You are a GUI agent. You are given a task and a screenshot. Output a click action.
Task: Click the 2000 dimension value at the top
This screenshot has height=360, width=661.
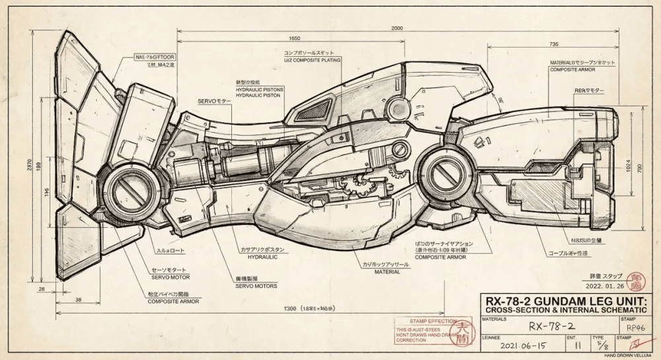pyautogui.click(x=397, y=28)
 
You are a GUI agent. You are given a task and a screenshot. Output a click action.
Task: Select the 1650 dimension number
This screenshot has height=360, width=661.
pyautogui.click(x=294, y=39)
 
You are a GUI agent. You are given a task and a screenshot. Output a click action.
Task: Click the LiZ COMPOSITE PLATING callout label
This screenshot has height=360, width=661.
pyautogui.click(x=312, y=60)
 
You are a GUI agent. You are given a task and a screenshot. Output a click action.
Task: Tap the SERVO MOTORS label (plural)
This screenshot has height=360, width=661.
pyautogui.click(x=256, y=286)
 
